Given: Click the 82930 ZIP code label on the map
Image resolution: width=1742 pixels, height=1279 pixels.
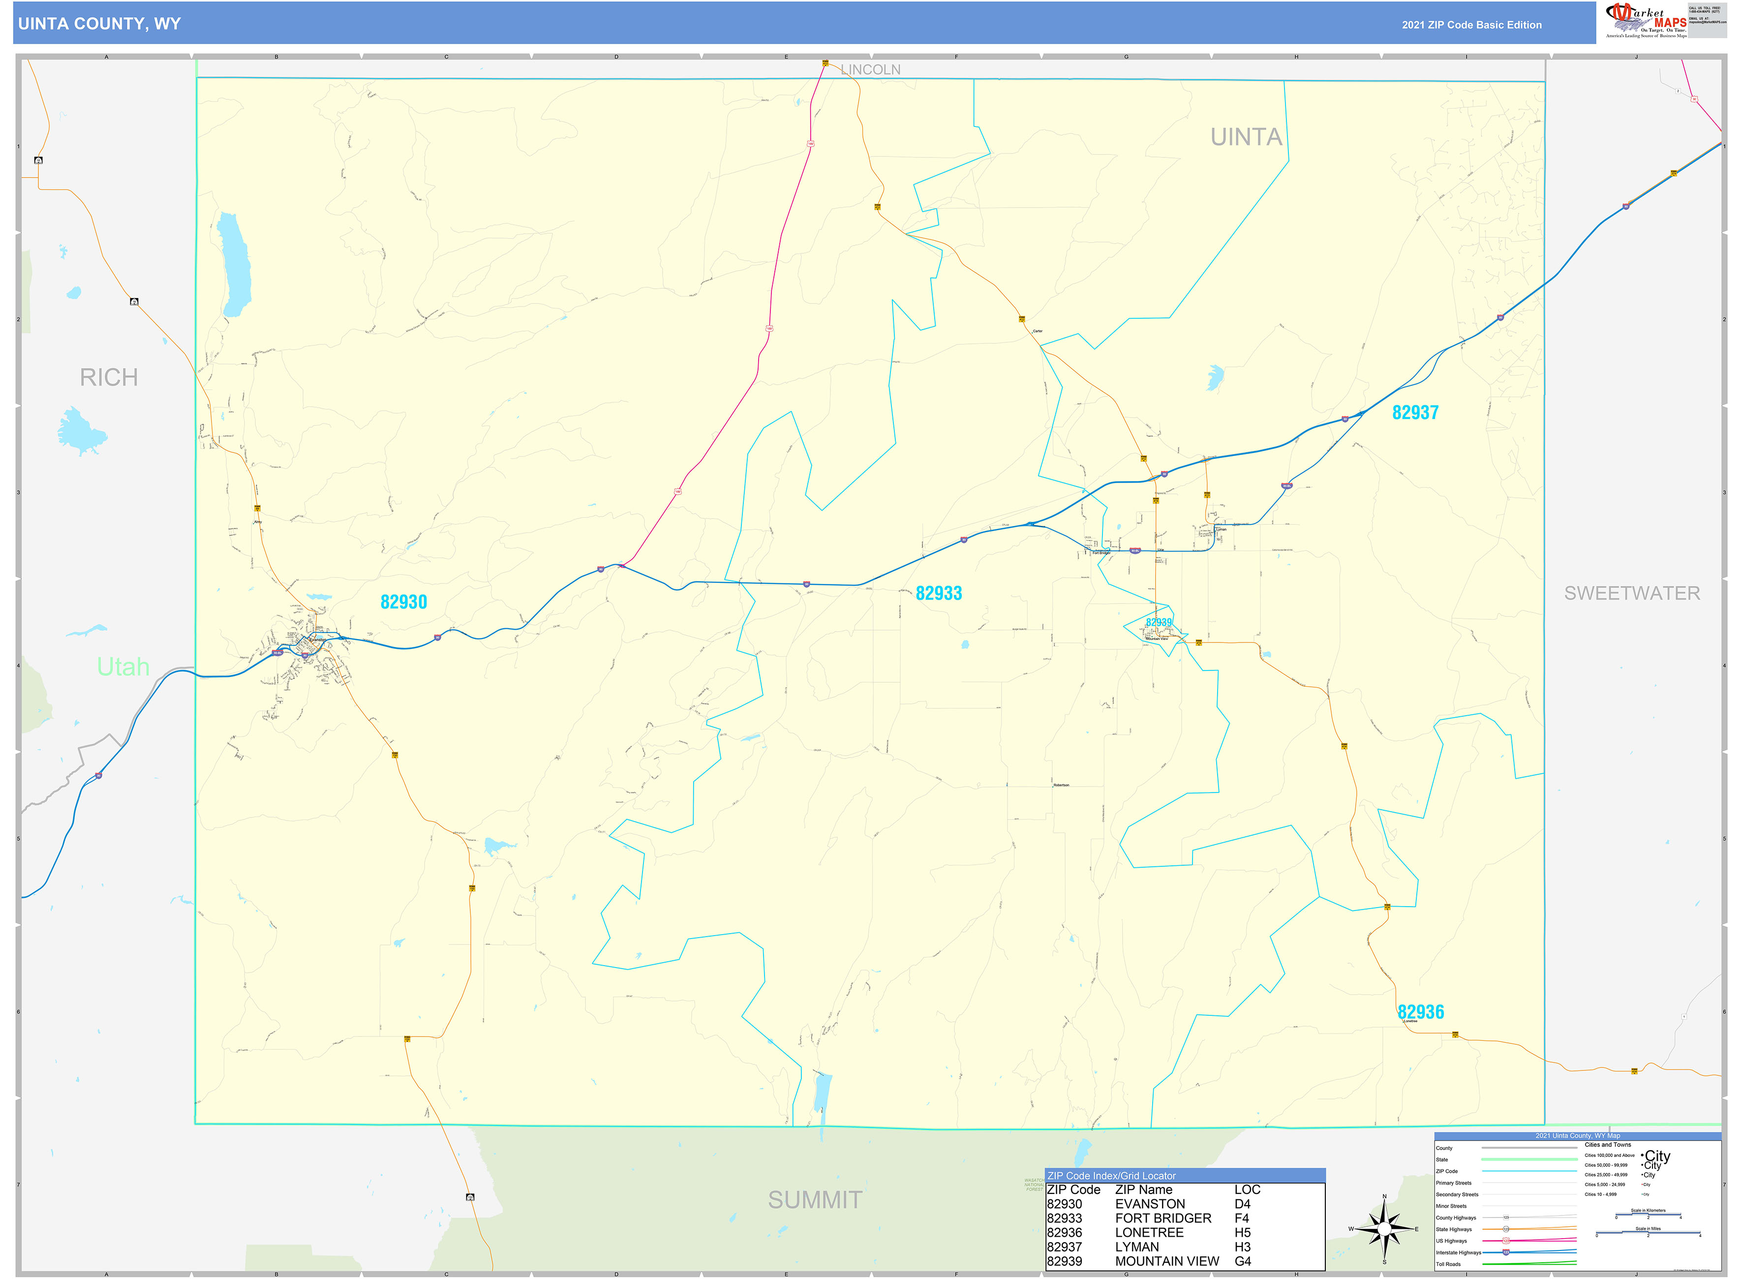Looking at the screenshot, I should click(403, 602).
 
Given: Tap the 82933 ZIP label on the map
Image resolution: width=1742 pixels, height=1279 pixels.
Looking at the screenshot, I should click(938, 594).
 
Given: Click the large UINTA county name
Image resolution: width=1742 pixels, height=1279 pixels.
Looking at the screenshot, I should click(1246, 137).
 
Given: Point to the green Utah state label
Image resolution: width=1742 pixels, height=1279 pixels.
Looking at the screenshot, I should click(122, 667).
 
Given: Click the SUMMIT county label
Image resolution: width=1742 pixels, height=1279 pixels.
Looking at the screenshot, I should click(815, 1200).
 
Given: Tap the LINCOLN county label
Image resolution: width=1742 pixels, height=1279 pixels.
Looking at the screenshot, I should click(870, 70).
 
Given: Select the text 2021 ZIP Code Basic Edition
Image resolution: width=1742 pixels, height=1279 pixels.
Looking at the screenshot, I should click(1471, 25).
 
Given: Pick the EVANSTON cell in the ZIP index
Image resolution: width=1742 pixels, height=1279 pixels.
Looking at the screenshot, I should click(1150, 1204).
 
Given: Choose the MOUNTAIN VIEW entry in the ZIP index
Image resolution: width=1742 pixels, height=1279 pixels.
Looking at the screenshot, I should click(1167, 1261).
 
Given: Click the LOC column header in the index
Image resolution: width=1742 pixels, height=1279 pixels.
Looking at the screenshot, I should click(1247, 1189).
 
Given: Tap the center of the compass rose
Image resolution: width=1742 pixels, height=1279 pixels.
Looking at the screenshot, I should click(1384, 1229).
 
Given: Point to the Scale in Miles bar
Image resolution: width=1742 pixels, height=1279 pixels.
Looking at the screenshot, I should click(1648, 1233).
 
